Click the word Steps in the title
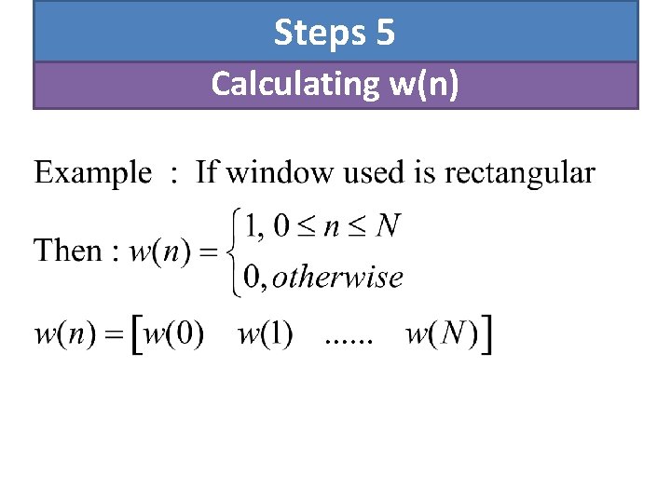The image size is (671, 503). [320, 34]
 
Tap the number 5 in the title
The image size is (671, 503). [386, 34]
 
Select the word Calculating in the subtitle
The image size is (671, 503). [293, 84]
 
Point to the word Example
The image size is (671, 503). [92, 173]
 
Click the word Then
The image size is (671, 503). [68, 251]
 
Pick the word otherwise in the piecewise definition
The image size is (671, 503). [337, 277]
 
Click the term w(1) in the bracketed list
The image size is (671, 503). [266, 335]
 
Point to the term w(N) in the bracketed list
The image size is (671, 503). [442, 335]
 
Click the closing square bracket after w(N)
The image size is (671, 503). [488, 335]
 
